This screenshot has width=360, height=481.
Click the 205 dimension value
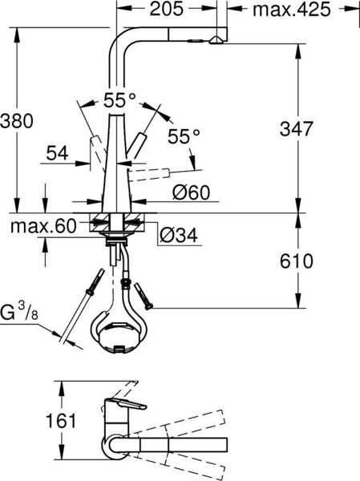pos(166,9)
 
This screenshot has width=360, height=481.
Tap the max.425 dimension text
pos(292,10)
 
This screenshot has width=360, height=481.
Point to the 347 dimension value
pos(296,128)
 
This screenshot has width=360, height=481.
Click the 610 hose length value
pos(297,261)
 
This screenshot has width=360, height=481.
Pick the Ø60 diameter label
pos(191,192)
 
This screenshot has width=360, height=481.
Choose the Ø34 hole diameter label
pos(179,236)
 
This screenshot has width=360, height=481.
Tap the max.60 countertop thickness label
pos(43,227)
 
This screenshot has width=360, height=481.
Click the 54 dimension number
pos(58,153)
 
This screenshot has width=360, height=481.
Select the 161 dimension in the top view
pos(60,420)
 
